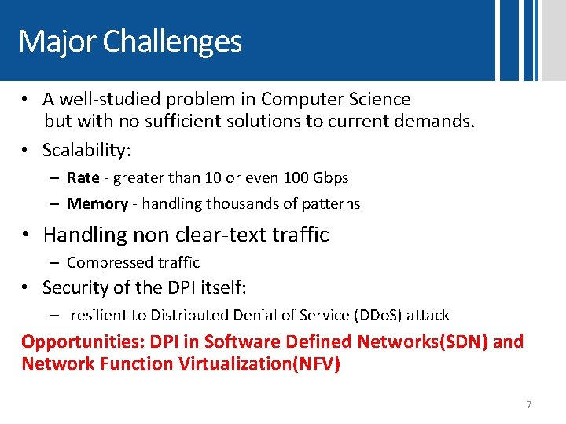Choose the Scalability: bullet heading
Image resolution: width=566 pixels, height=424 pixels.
(x=86, y=150)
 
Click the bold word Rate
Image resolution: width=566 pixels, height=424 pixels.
(x=83, y=178)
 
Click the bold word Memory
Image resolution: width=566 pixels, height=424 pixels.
(x=97, y=204)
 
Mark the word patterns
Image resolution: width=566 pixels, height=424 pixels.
(x=330, y=204)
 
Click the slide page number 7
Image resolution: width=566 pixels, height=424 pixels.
(x=529, y=404)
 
